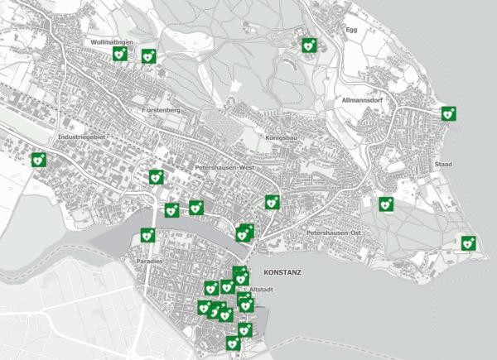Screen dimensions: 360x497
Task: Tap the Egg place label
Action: pos(350,30)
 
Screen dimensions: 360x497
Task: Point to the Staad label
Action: pos(443,165)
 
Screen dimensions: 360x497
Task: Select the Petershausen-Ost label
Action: pos(336,233)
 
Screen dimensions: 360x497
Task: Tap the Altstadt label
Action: pos(264,289)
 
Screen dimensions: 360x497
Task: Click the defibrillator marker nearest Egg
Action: pos(310,46)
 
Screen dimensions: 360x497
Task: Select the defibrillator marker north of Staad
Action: pos(449,113)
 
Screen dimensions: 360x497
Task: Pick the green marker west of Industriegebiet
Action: pos(38,160)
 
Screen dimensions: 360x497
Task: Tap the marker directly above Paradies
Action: pos(147,235)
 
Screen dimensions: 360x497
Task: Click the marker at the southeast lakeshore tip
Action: pos(468,242)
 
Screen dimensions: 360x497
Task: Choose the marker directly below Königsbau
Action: pos(272,202)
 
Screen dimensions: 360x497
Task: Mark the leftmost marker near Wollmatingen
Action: pos(119,54)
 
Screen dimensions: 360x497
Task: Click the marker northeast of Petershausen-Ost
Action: pos(385,204)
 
